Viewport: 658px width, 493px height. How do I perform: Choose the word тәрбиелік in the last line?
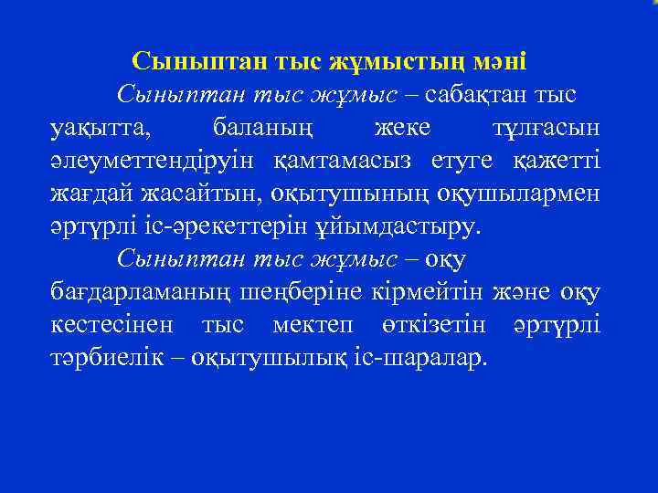[105, 358]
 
